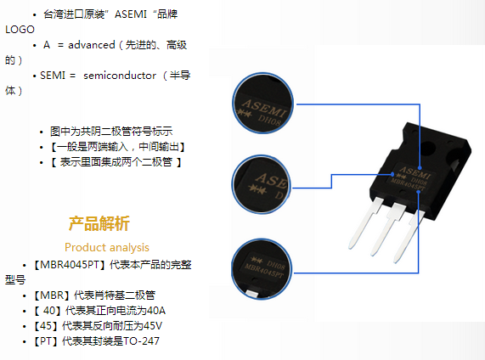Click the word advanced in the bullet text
tap(92, 45)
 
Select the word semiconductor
tap(120, 76)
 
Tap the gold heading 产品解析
tap(99, 223)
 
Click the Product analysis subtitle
tap(107, 247)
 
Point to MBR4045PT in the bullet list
tap(70, 265)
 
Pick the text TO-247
tap(141, 341)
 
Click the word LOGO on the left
tap(20, 30)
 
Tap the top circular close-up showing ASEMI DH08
tap(262, 104)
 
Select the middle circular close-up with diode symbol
tap(261, 184)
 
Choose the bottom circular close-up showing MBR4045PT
tap(262, 269)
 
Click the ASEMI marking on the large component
tap(415, 173)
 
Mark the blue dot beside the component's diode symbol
tap(392, 174)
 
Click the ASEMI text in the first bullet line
tap(131, 14)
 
